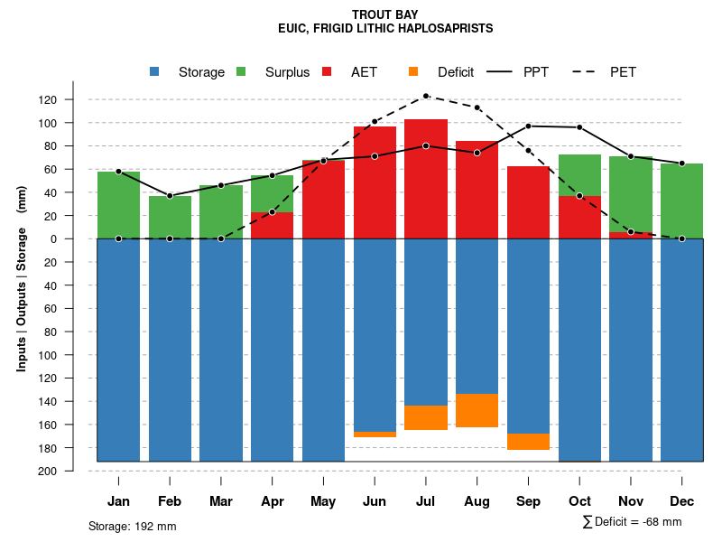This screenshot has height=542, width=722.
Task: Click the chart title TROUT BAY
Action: point(385,15)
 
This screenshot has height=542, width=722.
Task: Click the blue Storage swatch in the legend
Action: point(155,72)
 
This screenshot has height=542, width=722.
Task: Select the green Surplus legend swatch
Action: point(241,72)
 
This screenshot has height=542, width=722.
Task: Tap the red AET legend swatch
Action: point(327,72)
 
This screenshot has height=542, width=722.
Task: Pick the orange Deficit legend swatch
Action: point(413,72)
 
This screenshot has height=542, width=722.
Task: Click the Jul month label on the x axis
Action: point(426,501)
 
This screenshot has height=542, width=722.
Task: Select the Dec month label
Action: point(682,501)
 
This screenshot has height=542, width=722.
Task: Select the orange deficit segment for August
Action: point(477,410)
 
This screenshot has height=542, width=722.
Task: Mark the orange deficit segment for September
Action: point(529,442)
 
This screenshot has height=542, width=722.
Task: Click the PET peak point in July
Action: point(426,96)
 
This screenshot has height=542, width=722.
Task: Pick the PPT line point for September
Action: point(529,126)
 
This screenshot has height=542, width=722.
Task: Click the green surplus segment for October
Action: point(580,175)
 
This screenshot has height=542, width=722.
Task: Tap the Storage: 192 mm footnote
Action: point(133,526)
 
